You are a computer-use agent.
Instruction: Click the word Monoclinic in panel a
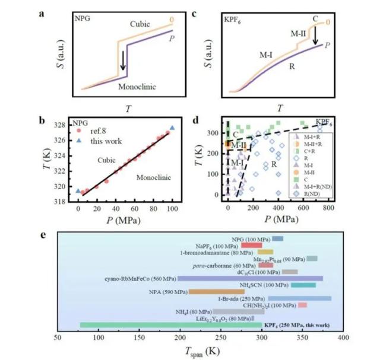point(137,86)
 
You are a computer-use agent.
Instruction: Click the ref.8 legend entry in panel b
point(90,130)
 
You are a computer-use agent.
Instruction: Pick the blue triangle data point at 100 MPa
point(172,128)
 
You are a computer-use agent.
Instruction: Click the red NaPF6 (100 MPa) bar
point(252,245)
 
